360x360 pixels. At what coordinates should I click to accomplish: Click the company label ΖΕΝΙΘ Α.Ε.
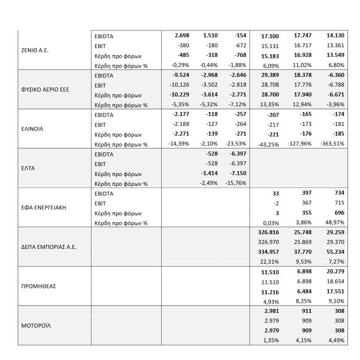pos(35,51)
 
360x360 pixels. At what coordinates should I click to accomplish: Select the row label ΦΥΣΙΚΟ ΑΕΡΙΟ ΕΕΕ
pos(45,90)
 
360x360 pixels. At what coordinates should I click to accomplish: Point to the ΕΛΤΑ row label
pos(28,168)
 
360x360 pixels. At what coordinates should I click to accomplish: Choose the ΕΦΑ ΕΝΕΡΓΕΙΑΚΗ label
pos(44,208)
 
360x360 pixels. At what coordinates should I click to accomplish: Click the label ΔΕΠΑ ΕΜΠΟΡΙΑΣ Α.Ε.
pos(49,247)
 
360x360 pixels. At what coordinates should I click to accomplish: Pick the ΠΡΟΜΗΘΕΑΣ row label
pos(39,286)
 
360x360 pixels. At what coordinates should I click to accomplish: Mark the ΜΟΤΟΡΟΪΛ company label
pos(36,326)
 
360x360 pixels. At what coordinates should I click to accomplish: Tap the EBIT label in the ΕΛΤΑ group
pos(100,164)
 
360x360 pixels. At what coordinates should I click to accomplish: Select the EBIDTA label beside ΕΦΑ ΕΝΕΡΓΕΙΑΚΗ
pos(104,193)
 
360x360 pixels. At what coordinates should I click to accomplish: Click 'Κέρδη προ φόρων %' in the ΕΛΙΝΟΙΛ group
pos(121,144)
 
